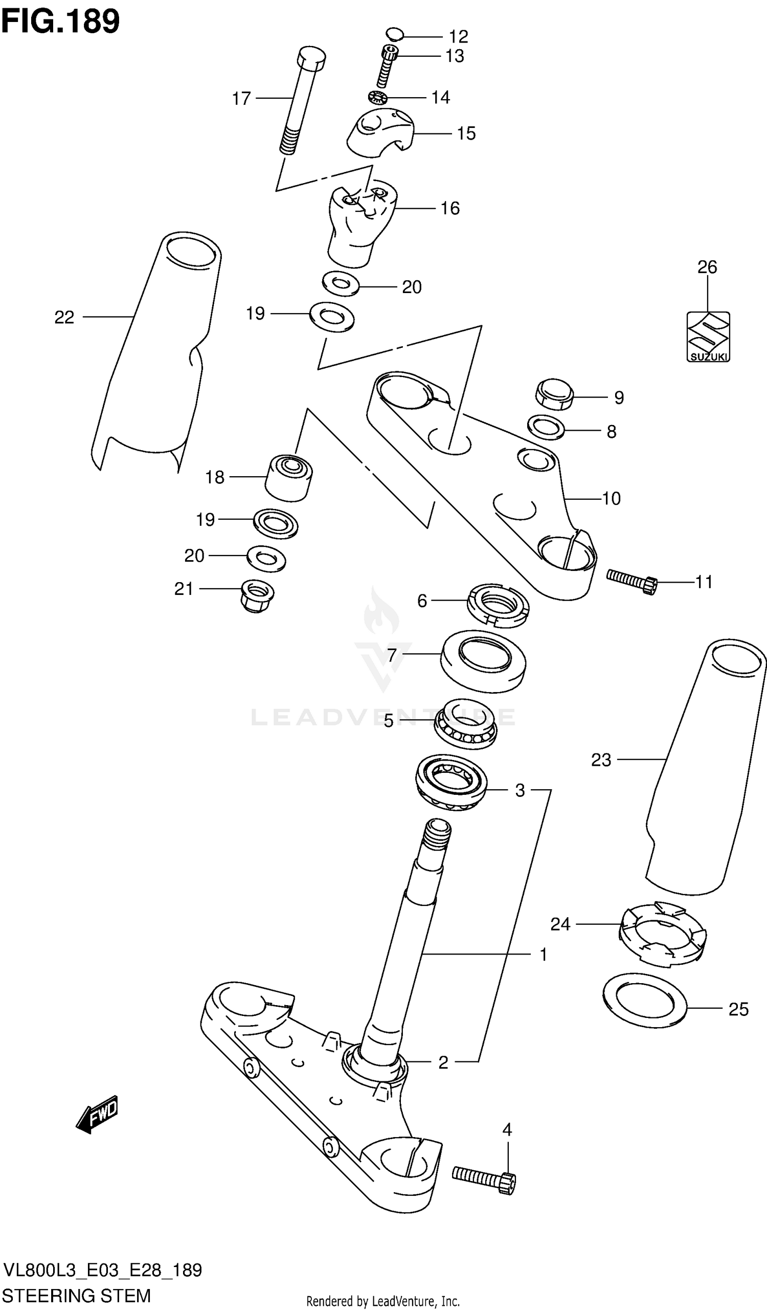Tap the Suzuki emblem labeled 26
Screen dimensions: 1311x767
[x=708, y=337]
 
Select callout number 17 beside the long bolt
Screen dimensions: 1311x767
[x=241, y=98]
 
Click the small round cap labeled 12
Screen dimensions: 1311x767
[x=395, y=34]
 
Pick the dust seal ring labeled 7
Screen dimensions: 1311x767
[x=483, y=661]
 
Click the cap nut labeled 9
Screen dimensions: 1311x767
[x=554, y=394]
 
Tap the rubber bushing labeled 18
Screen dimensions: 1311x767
[x=288, y=478]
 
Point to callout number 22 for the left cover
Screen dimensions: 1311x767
[x=64, y=317]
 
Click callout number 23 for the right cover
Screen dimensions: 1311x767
[x=601, y=760]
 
